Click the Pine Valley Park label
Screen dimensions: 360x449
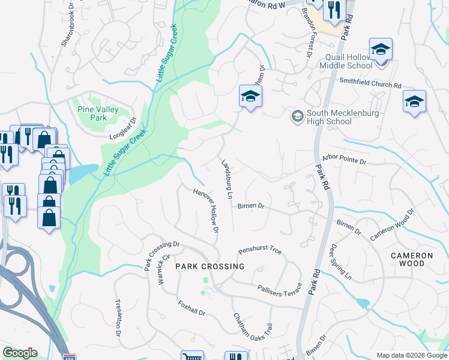pos(92,113)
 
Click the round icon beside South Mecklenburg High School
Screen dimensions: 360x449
pos(297,115)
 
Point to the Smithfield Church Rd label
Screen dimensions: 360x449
pos(370,83)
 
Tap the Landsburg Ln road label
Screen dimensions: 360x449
pos(226,179)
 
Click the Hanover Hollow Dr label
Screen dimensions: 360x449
pos(205,211)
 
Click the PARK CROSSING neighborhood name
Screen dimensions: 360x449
pos(209,266)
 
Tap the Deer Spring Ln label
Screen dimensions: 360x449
pos(340,261)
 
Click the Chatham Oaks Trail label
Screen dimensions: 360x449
pos(253,329)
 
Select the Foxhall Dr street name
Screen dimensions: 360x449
pos(191,308)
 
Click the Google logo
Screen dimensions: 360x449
pos(20,353)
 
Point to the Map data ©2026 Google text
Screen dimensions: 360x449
pos(411,355)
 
